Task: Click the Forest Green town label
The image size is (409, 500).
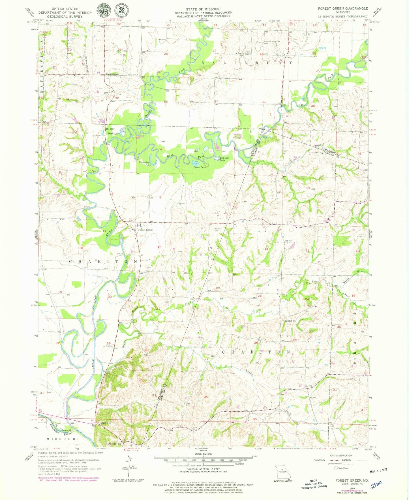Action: click(145, 230)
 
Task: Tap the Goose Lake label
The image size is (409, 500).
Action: click(200, 167)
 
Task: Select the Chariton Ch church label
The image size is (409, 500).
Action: click(290, 321)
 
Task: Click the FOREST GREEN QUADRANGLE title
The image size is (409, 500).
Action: click(343, 8)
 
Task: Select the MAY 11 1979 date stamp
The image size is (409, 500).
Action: click(378, 470)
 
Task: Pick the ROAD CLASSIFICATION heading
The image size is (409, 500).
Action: click(342, 456)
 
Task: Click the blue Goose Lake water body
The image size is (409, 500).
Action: click(195, 163)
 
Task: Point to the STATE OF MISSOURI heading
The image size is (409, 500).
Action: click(203, 9)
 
